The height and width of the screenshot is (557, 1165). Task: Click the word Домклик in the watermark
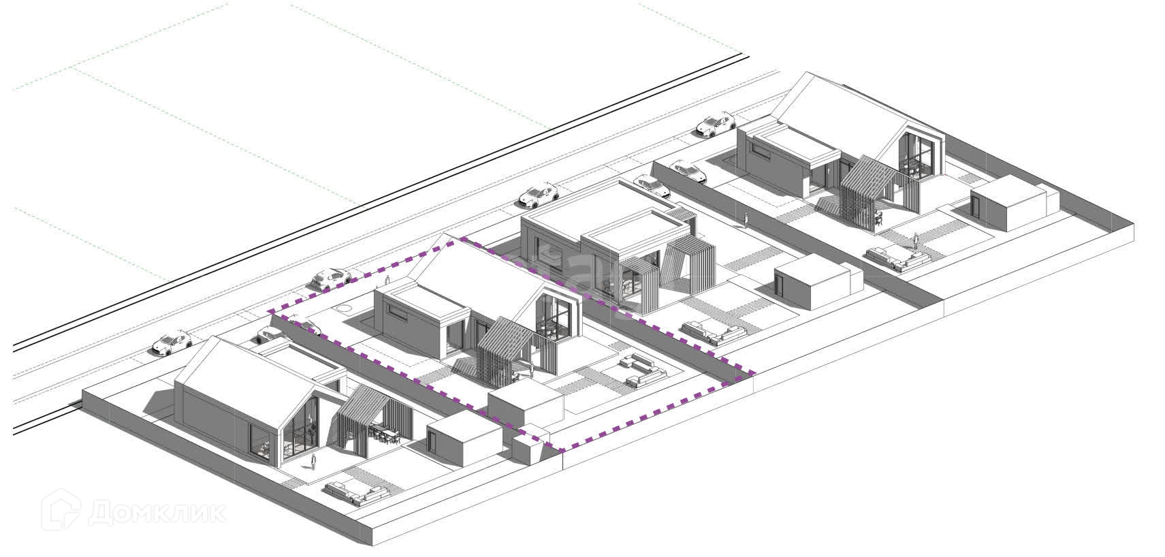click(157, 513)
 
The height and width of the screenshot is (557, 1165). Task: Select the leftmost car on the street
click(171, 342)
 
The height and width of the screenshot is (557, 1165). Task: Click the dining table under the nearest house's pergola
click(383, 433)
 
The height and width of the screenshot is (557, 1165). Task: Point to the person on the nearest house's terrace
click(313, 463)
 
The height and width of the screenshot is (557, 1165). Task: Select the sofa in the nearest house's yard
click(356, 491)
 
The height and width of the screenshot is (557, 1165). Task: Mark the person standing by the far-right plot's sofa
click(916, 240)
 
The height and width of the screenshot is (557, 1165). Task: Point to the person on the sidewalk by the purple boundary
click(387, 279)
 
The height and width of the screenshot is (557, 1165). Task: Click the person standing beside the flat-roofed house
click(746, 219)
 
